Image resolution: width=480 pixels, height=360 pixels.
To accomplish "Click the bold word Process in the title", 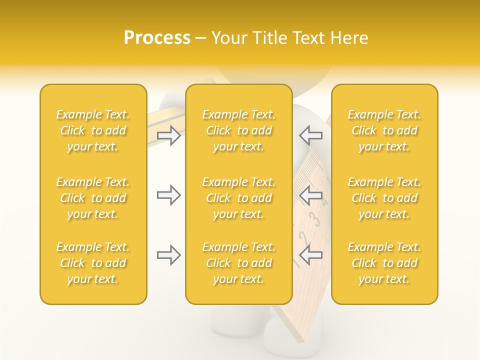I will pos(157,38).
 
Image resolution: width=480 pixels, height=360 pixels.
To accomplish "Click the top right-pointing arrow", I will pos(169,135).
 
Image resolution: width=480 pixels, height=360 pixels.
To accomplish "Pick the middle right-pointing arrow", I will pos(169,195).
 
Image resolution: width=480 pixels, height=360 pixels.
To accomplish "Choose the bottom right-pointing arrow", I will pos(169,255).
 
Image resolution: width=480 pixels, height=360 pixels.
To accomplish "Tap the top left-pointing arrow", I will pos(311,135).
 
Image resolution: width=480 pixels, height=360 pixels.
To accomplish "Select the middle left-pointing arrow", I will pos(311,195).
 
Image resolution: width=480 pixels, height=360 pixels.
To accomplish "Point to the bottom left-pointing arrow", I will pos(311,255).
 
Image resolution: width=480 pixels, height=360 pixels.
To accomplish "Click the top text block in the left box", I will pos(93,130).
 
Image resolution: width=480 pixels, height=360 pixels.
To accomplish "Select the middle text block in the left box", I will pos(93,198).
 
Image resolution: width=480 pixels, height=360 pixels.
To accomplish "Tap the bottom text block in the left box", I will pos(93,263).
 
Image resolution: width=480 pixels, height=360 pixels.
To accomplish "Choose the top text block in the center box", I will pos(239,130).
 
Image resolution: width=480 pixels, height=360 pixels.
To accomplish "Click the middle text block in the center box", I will pos(239,198).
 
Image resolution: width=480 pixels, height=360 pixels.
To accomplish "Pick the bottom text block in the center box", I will pos(239,263).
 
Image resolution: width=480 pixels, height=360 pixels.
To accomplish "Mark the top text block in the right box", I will pos(384,130).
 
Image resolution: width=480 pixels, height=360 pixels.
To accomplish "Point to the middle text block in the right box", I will pos(384,198).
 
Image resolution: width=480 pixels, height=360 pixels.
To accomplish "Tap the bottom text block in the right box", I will pos(384,263).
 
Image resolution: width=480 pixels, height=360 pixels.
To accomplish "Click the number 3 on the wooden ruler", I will pos(314,218).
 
